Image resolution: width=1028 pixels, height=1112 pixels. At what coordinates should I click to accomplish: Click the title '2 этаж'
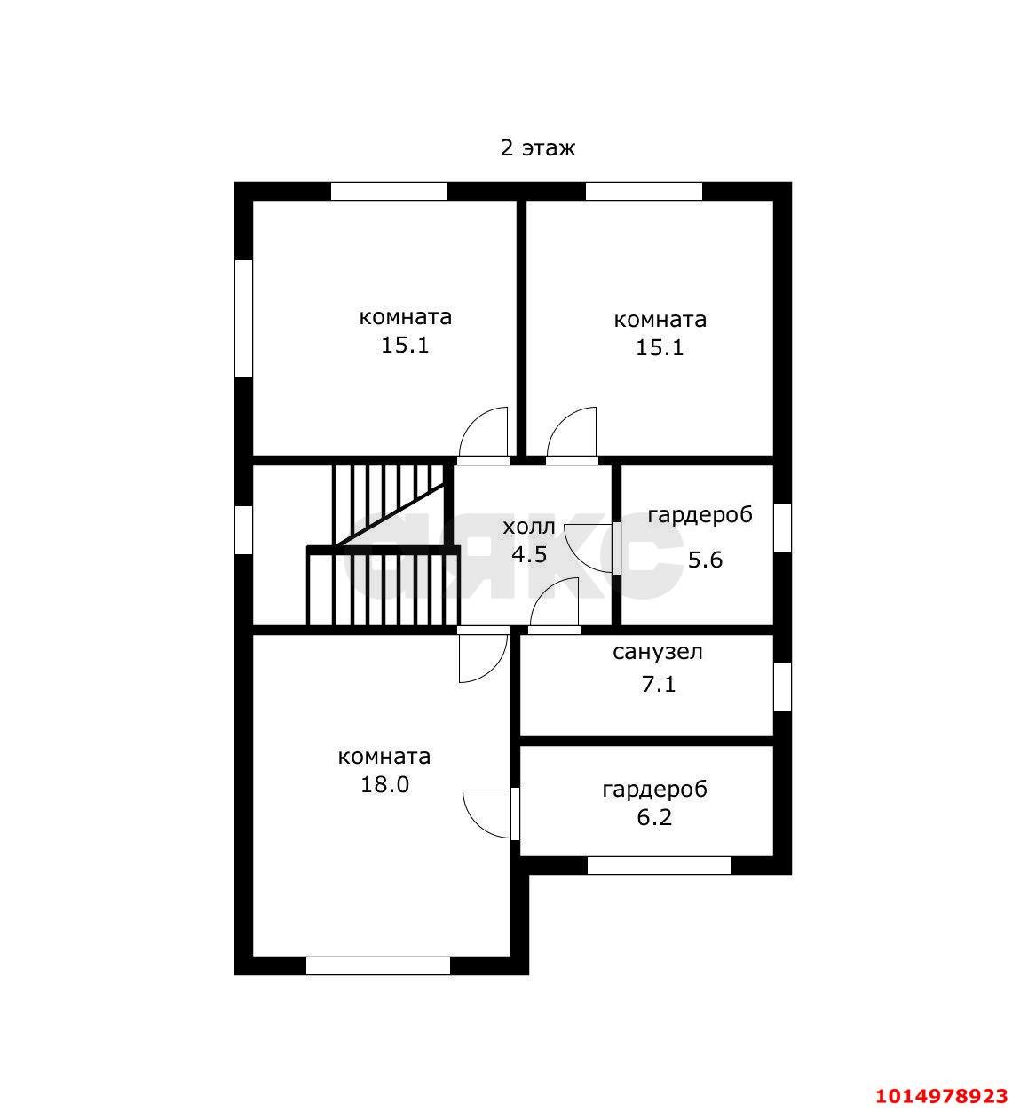(x=537, y=148)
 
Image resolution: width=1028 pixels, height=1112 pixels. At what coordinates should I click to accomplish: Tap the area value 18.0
(x=384, y=784)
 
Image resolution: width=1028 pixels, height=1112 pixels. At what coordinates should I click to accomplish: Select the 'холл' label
(x=528, y=527)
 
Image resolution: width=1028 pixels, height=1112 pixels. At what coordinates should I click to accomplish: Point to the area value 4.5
(x=529, y=554)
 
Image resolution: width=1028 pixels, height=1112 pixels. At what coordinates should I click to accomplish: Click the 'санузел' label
(x=657, y=652)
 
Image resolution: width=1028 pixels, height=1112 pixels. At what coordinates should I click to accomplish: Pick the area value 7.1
(x=659, y=684)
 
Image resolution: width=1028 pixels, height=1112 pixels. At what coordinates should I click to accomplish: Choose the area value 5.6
(x=705, y=560)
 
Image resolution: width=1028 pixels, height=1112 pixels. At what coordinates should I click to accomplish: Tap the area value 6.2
(x=654, y=817)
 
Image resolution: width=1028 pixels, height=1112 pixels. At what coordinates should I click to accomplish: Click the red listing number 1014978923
(x=941, y=1095)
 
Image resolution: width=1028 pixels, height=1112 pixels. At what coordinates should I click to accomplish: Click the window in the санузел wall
(x=783, y=687)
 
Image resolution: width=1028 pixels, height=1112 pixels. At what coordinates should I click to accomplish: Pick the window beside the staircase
(x=243, y=529)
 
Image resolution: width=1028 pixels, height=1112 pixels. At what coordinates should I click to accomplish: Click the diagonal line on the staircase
(x=390, y=514)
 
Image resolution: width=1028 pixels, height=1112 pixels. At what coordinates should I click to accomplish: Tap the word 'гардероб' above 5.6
(x=700, y=515)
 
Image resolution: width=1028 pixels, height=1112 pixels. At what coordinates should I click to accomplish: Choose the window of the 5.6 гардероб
(x=783, y=528)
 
